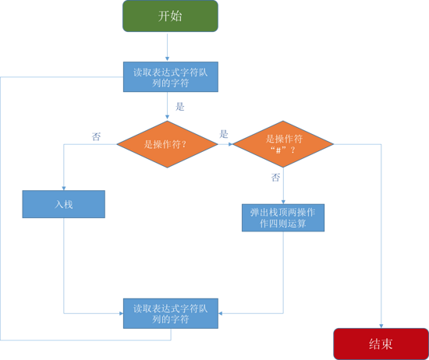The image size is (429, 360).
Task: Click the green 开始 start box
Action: [170, 16]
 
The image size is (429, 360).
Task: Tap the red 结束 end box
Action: [381, 344]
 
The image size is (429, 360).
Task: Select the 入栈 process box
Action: [64, 204]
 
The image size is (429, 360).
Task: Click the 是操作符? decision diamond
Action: [167, 144]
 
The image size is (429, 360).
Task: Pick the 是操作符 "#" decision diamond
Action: [283, 144]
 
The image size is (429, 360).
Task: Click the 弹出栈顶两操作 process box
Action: [283, 217]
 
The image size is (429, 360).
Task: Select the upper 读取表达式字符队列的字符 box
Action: [171, 77]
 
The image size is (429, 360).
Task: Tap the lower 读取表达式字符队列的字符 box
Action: [171, 313]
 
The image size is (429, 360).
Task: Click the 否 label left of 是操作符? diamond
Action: [96, 136]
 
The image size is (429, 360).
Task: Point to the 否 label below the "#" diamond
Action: [276, 178]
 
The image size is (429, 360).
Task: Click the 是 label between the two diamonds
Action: [224, 134]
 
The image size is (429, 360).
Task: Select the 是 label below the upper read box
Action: [180, 106]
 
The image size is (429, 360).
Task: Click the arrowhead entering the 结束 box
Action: [381, 326]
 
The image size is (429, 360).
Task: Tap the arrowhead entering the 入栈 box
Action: [64, 189]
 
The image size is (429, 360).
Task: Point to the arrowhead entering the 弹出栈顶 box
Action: [283, 202]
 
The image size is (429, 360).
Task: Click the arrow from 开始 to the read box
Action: [167, 47]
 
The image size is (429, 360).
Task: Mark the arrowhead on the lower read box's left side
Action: [121, 313]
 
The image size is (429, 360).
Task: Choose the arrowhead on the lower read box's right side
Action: [220, 313]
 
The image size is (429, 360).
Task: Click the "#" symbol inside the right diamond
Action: [278, 150]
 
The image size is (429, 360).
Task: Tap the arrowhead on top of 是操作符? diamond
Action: [167, 117]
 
